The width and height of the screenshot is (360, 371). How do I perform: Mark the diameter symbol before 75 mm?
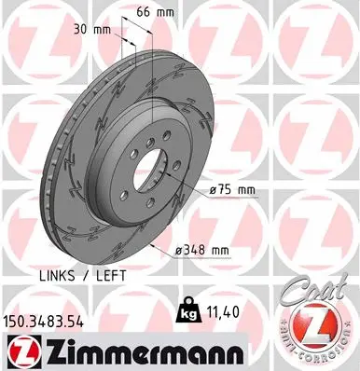point(215,190)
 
